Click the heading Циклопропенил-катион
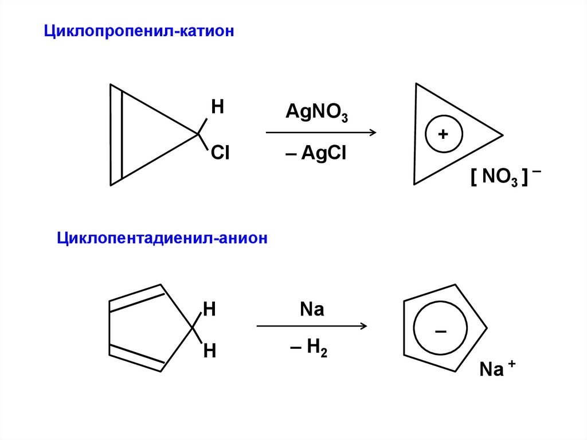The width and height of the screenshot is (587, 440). point(140,32)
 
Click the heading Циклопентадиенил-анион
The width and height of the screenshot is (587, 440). point(162,237)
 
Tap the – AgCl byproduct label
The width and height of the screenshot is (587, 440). point(316,154)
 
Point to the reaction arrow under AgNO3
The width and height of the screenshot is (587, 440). point(320,133)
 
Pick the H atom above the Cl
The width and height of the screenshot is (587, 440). point(218,107)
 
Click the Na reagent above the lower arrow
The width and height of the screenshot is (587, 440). point(312,310)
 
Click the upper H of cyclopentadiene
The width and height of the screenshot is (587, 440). point(209,310)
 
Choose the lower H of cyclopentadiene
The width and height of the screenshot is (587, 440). point(209,351)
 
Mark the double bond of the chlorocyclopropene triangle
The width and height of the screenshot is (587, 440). point(116,135)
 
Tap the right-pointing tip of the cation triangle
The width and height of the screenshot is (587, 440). point(502,135)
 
